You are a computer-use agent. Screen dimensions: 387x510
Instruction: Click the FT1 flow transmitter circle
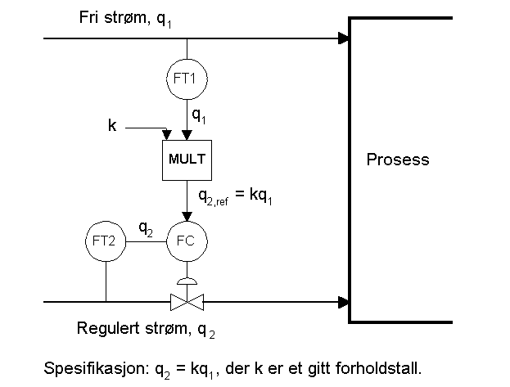tap(187, 79)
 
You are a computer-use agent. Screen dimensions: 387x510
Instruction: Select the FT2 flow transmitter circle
tap(106, 241)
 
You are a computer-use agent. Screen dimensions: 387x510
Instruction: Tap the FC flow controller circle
tap(187, 241)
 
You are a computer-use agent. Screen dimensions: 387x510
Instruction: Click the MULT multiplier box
tap(187, 158)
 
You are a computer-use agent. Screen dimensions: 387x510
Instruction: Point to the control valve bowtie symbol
tap(187, 302)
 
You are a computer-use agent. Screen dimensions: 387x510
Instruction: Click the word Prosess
tap(396, 160)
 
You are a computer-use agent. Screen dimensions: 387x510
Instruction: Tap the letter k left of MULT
tap(112, 125)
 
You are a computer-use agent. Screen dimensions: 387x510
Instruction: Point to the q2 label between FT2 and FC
tap(145, 230)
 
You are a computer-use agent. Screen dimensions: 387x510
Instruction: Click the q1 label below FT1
tap(199, 115)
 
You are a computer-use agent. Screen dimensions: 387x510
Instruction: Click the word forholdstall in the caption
tap(385, 367)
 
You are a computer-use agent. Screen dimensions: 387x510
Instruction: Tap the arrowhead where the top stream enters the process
tap(344, 38)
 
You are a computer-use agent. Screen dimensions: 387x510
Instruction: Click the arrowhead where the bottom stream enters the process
tap(344, 302)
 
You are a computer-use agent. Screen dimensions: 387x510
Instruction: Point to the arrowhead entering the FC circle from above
tap(187, 217)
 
